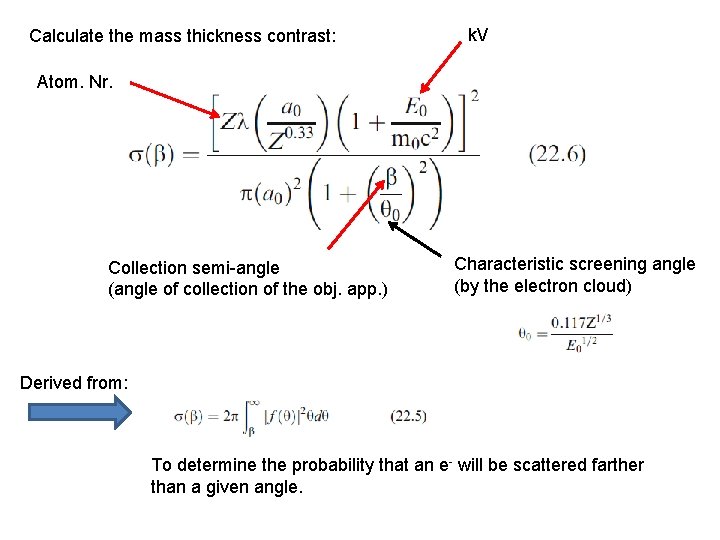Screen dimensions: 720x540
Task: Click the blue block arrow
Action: (x=79, y=412)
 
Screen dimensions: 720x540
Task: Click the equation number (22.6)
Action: (x=557, y=155)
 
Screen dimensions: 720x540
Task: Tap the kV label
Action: (x=478, y=36)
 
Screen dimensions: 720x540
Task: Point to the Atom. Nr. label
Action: (x=75, y=82)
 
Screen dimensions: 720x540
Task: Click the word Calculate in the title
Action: (x=65, y=37)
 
